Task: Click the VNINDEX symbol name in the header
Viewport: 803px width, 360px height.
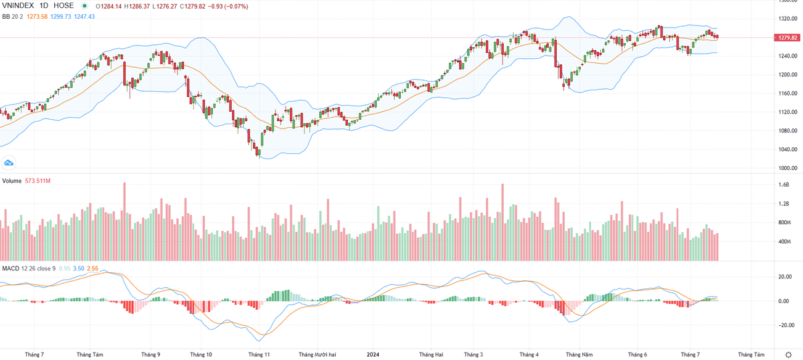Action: click(18, 6)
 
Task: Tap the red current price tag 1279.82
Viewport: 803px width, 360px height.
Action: click(787, 37)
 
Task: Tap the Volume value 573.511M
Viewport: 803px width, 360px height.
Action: click(38, 181)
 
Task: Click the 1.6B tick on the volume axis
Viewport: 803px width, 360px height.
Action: click(784, 185)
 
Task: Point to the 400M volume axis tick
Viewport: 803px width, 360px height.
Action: click(784, 242)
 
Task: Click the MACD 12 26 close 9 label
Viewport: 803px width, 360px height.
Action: click(29, 268)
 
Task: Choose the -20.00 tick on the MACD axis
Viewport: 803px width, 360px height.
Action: click(784, 325)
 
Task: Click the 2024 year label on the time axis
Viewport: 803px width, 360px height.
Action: click(373, 353)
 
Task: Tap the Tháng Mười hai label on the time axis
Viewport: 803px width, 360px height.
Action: click(317, 353)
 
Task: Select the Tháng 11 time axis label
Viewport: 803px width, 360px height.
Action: click(258, 353)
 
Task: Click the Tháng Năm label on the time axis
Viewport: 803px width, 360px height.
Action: click(579, 353)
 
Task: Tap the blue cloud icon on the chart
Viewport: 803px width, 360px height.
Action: click(9, 163)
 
